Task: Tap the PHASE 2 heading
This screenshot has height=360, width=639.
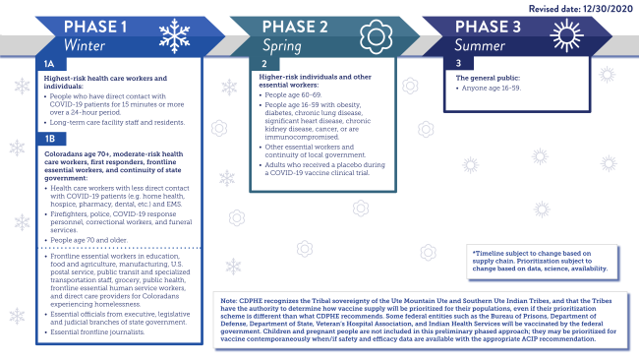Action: tap(301, 26)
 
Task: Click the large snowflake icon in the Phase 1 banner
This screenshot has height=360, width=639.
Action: tap(174, 36)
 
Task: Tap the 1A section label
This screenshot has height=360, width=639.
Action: tap(49, 64)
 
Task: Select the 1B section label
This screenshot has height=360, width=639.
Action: tap(49, 139)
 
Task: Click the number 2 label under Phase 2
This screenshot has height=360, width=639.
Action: tap(263, 64)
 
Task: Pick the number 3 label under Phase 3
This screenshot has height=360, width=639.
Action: tap(458, 64)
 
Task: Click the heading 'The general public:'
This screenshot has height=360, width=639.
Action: tap(487, 77)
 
